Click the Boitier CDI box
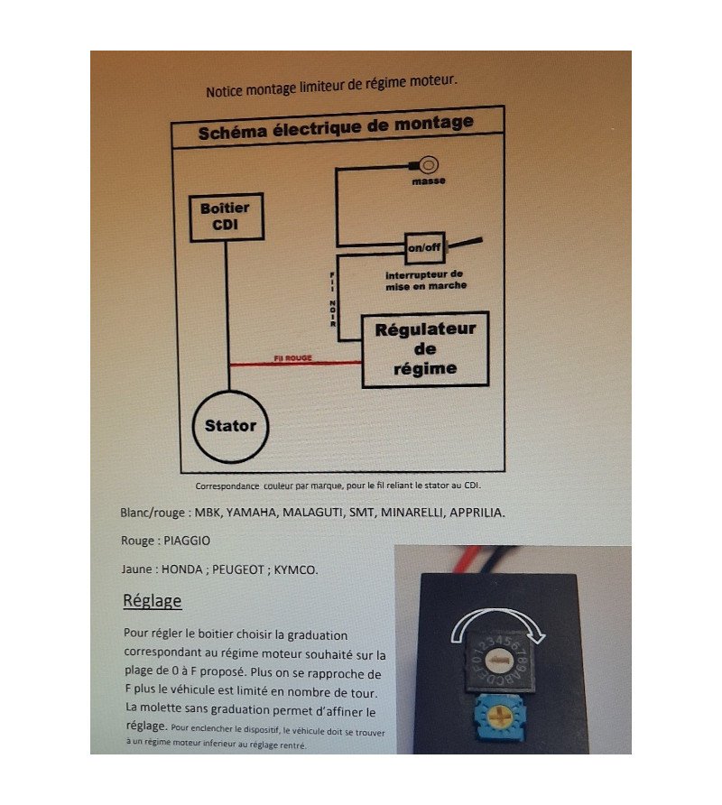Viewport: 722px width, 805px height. (226, 217)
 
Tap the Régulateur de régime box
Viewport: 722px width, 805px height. (425, 349)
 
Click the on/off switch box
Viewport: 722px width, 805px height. (424, 247)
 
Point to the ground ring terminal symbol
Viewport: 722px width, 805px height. (429, 165)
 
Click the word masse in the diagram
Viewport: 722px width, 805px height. (429, 180)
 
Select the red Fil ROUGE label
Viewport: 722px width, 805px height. (292, 358)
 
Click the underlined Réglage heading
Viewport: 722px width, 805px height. (153, 600)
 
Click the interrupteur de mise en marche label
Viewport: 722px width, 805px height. (425, 280)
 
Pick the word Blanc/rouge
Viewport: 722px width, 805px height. (148, 512)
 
